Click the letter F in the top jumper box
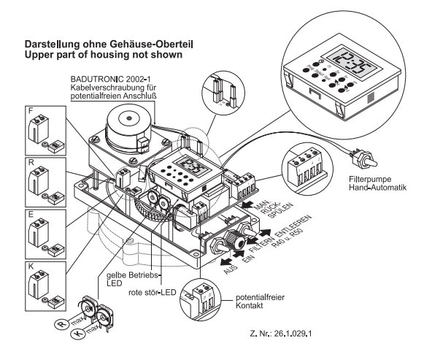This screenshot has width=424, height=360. tap(31, 110)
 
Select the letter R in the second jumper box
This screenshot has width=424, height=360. tap(31, 162)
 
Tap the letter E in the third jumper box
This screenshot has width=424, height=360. tap(31, 215)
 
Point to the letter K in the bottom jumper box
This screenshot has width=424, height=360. tap(31, 267)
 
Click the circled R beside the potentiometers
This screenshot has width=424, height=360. tap(62, 323)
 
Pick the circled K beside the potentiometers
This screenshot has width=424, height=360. tap(78, 334)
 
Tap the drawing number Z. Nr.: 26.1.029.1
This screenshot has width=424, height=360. tap(281, 334)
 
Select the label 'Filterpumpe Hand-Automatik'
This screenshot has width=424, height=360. tap(377, 183)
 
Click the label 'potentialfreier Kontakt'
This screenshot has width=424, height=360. tap(260, 302)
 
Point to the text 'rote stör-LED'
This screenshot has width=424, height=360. tap(153, 292)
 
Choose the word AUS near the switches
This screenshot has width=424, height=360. tap(231, 269)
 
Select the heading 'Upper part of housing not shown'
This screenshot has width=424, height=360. tap(104, 55)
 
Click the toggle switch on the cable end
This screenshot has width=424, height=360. tap(364, 158)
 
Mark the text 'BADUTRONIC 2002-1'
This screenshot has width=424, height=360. tap(111, 79)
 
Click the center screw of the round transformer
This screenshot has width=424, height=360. tap(129, 118)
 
